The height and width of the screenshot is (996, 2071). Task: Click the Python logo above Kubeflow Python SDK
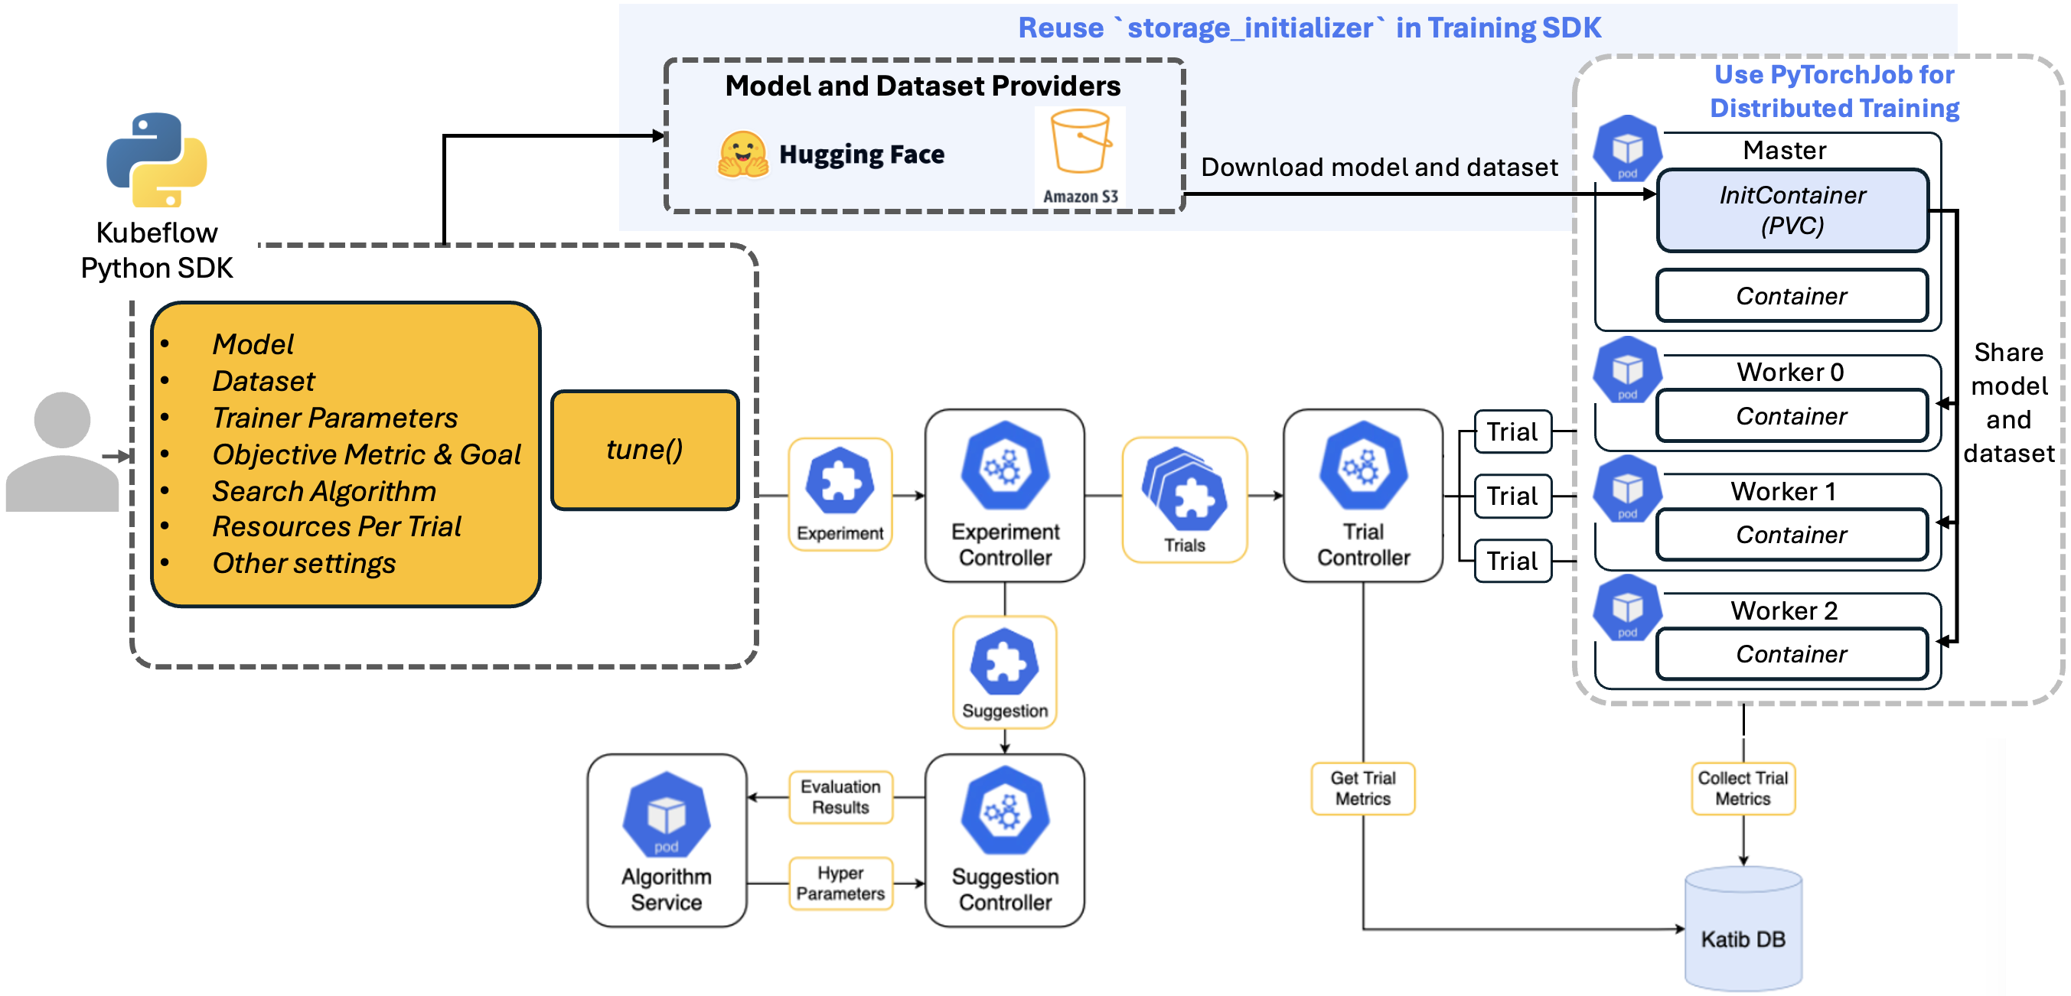pos(157,159)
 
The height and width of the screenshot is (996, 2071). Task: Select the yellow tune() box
pos(644,449)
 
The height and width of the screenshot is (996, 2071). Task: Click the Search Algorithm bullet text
pos(324,490)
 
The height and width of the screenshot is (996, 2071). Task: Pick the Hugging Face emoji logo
pos(742,154)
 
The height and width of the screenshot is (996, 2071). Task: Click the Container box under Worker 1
pos(1791,535)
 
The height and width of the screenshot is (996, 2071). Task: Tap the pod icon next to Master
pos(1627,148)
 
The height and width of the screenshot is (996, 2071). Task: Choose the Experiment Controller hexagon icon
pos(1005,465)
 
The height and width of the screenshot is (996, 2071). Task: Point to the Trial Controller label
pos(1363,544)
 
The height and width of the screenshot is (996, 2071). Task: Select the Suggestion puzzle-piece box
pos(1004,672)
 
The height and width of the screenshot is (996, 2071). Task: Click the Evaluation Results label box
pos(840,796)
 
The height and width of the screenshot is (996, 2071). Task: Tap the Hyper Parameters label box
pos(840,883)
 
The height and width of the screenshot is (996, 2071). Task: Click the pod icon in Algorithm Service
pos(666,815)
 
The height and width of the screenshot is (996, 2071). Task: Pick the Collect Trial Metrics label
pos(1742,788)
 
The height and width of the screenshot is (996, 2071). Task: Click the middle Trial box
pos(1512,496)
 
